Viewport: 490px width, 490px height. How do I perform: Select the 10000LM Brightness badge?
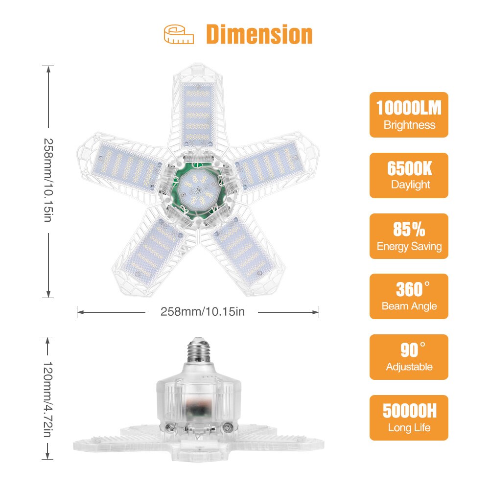pos(409,115)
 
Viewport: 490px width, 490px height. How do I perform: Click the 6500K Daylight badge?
pos(409,175)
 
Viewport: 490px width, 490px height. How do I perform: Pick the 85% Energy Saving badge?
pos(409,236)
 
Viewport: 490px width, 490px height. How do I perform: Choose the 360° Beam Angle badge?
pos(409,296)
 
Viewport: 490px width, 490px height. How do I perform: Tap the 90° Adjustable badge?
pos(409,357)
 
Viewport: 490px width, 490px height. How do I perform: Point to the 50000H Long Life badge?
pos(409,418)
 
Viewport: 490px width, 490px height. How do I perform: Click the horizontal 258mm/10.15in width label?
pos(202,312)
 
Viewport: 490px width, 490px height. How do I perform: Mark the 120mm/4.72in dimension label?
pos(48,397)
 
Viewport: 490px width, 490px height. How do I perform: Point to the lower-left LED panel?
pos(152,250)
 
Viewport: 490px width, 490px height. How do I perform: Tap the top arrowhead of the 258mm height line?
pos(48,70)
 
